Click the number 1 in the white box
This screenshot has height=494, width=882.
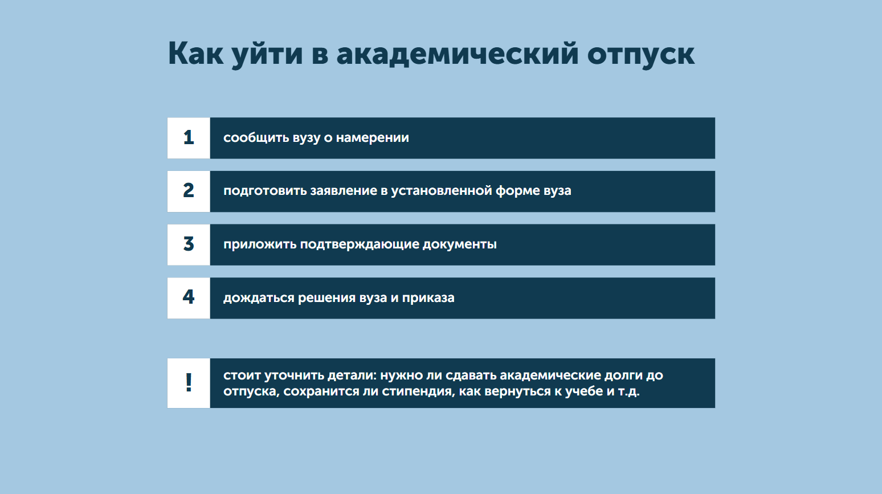[x=189, y=138]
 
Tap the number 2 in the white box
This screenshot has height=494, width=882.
[x=189, y=191]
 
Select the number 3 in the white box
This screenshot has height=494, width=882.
[x=189, y=244]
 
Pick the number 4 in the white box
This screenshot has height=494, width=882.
[x=189, y=297]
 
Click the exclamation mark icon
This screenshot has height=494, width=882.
[x=189, y=382]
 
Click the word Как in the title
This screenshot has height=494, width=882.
[x=195, y=54]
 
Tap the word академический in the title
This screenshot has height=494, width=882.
[x=458, y=55]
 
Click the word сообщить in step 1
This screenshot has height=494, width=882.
[x=256, y=138]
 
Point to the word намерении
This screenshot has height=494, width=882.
[x=373, y=138]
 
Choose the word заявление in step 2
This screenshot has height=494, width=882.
[x=344, y=191]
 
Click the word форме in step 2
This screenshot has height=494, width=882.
[x=518, y=191]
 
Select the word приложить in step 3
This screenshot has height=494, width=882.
[x=260, y=245]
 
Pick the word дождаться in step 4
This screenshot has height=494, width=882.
[x=259, y=299]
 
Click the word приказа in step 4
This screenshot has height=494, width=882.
[x=428, y=299]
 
